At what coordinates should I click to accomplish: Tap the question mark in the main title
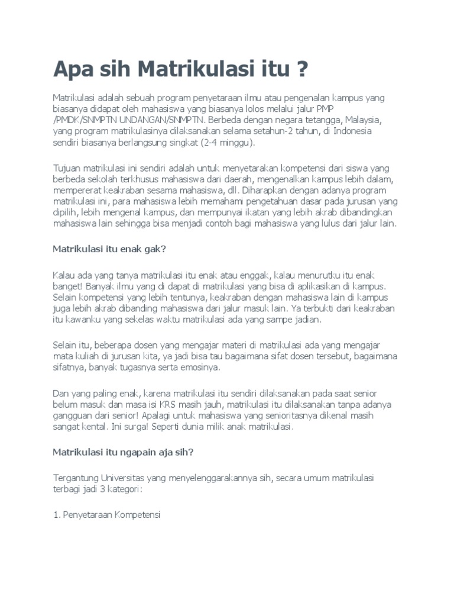point(302,70)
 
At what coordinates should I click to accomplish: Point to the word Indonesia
point(354,131)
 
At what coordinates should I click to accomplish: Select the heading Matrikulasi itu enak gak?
point(110,249)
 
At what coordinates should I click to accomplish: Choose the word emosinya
point(201,368)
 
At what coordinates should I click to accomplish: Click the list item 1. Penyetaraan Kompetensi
point(106,515)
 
